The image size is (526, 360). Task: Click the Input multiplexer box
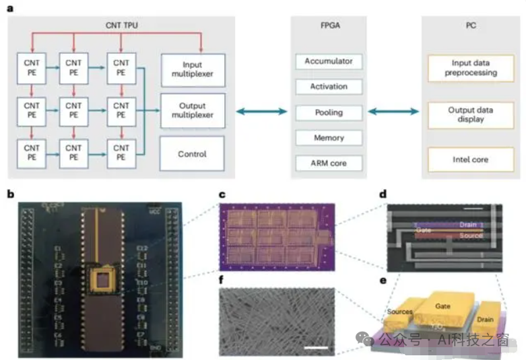click(x=192, y=69)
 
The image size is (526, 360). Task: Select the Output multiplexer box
click(x=192, y=110)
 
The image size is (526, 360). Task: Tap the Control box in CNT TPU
click(x=192, y=154)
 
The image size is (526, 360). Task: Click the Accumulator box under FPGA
click(x=328, y=61)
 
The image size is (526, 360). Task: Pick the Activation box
click(x=328, y=86)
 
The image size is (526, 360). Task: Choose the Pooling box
click(x=328, y=112)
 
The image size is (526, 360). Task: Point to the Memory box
click(x=328, y=137)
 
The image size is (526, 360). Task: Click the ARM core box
click(x=328, y=163)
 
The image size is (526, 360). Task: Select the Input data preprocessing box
click(x=471, y=68)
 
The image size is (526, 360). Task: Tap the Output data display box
click(x=471, y=114)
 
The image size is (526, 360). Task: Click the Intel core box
click(x=471, y=159)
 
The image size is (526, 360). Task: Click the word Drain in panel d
click(x=467, y=224)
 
